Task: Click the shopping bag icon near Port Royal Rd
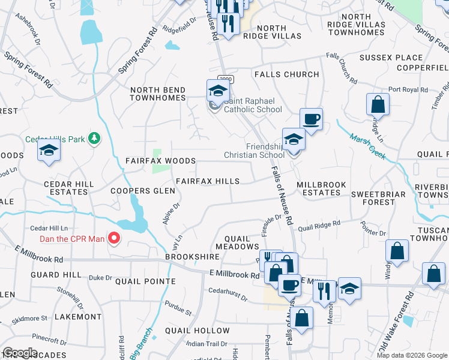[378, 105]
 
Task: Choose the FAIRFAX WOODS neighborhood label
[160, 161]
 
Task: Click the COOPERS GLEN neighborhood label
[143, 191]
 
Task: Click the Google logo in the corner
[20, 353]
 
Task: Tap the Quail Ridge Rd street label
[319, 225]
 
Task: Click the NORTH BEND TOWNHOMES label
[158, 94]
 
